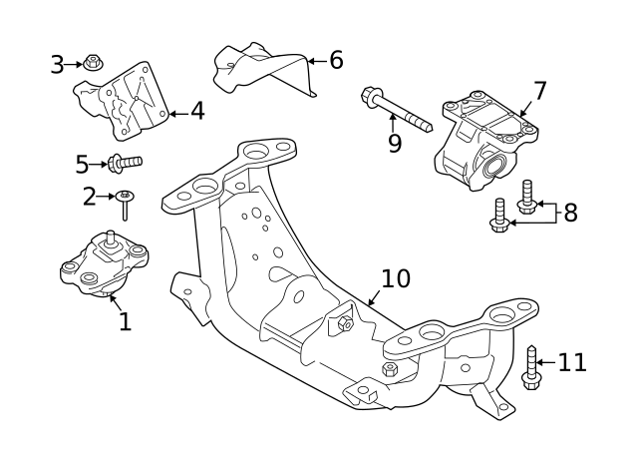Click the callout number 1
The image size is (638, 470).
point(125,321)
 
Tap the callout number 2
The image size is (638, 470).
point(90,197)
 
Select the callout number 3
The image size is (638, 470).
point(57,65)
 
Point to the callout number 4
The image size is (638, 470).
point(197,111)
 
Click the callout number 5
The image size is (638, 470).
point(83,163)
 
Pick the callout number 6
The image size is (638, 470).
point(336,61)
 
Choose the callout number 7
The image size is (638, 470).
point(539,92)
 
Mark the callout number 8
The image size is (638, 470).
point(570,213)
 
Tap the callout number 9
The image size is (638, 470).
point(395,144)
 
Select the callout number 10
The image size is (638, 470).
point(395,278)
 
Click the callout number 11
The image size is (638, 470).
point(572,362)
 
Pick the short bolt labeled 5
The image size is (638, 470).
point(124,161)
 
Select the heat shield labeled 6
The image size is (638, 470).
point(261,68)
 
